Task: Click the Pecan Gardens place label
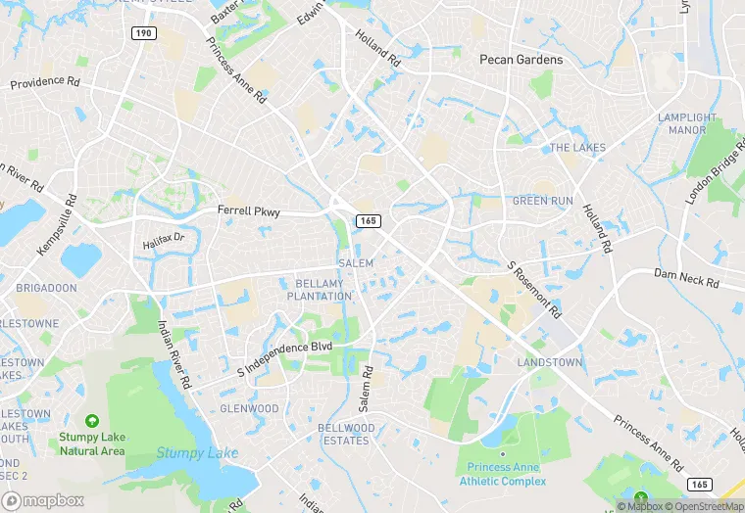click(x=521, y=60)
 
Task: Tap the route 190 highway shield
click(x=144, y=33)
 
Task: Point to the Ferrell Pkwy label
click(x=249, y=210)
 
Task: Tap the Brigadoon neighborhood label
click(x=46, y=289)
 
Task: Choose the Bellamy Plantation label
click(x=322, y=290)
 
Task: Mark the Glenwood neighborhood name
click(x=249, y=408)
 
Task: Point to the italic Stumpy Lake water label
click(x=196, y=453)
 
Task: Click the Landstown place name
click(x=549, y=362)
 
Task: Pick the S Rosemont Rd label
click(x=534, y=290)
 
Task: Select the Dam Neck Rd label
click(x=686, y=279)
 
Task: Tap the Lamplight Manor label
click(x=681, y=123)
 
